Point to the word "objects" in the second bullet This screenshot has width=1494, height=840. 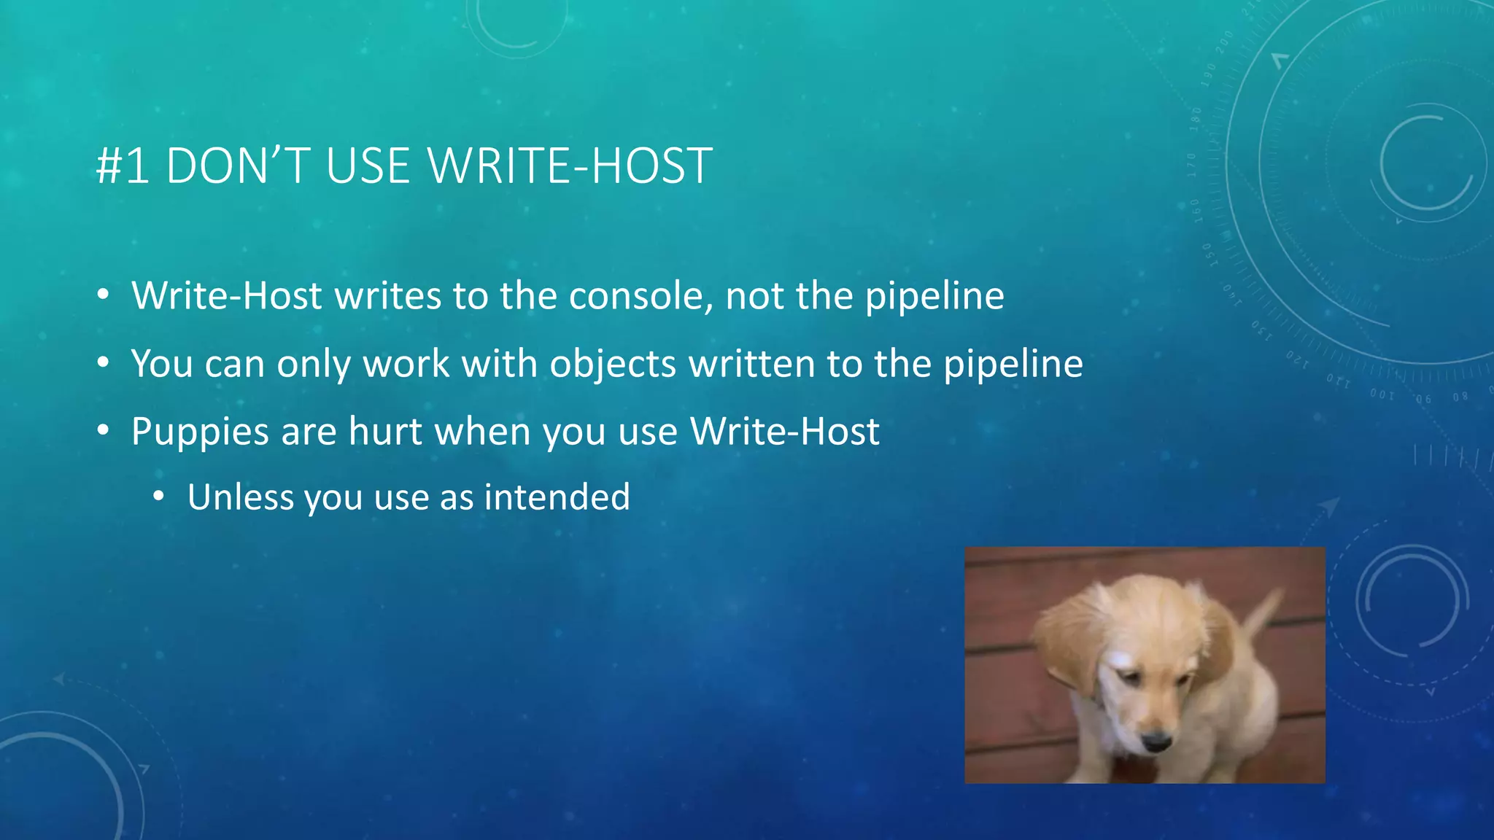coord(613,364)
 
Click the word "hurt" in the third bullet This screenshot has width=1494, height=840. coord(385,431)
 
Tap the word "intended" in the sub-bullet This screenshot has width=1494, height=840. coord(557,497)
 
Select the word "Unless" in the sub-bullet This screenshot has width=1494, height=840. coord(240,497)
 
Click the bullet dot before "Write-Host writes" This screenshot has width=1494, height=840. coord(104,295)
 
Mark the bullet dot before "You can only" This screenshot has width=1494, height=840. coord(104,362)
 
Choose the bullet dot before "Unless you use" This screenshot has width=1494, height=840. coord(159,497)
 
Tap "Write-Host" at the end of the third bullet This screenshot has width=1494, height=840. coord(785,431)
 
